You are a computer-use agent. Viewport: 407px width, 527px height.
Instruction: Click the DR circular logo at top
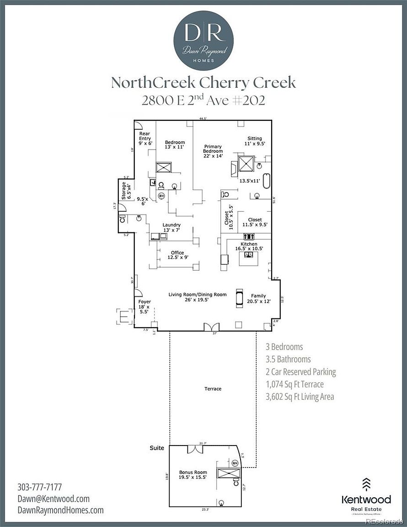[x=203, y=40]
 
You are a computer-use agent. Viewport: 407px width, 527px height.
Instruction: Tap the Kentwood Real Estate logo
[x=366, y=499]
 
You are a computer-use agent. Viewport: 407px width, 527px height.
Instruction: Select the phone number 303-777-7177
[x=39, y=487]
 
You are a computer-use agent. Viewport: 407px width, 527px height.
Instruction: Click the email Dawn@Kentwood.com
[x=54, y=499]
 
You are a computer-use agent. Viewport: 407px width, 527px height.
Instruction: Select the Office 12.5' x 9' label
[x=177, y=255]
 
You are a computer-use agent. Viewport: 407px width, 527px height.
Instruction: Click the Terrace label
[x=213, y=389]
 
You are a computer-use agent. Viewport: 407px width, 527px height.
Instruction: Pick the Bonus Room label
[x=193, y=474]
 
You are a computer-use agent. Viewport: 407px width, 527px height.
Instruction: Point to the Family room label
[x=258, y=298]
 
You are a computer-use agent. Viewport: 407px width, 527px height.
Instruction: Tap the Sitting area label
[x=255, y=141]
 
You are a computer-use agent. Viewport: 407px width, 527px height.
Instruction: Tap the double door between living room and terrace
[x=211, y=327]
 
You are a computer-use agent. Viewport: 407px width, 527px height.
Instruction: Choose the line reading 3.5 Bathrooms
[x=288, y=360]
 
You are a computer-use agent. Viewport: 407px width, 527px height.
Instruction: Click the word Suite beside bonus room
[x=157, y=448]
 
